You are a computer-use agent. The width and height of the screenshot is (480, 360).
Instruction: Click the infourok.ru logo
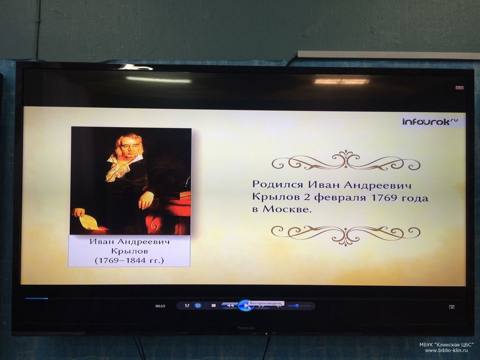pos(430,121)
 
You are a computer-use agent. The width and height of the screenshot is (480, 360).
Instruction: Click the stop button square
pos(214,306)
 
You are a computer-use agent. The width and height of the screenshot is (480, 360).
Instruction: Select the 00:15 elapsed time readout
pos(160,306)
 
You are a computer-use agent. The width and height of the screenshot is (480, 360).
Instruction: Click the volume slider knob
pos(297,306)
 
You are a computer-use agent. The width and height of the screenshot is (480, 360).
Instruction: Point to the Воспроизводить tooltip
pos(266,303)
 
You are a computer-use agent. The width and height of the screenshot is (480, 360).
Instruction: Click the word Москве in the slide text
pos(287,210)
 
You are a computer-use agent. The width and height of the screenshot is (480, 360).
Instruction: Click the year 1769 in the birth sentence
pos(384,197)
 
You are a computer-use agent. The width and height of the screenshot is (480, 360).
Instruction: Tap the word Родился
pos(278,185)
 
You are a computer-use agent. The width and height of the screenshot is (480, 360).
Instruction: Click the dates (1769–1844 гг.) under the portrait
pos(129,261)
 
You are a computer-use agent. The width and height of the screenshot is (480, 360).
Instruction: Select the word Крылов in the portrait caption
pos(129,251)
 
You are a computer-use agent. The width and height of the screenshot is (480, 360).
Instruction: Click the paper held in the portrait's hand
pos(90,222)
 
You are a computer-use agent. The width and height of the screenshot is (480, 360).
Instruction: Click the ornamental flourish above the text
pos(346,160)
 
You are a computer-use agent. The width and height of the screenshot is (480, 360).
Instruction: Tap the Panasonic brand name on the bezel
pos(246,328)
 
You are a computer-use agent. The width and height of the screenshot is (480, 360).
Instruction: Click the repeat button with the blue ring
pos(198,306)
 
